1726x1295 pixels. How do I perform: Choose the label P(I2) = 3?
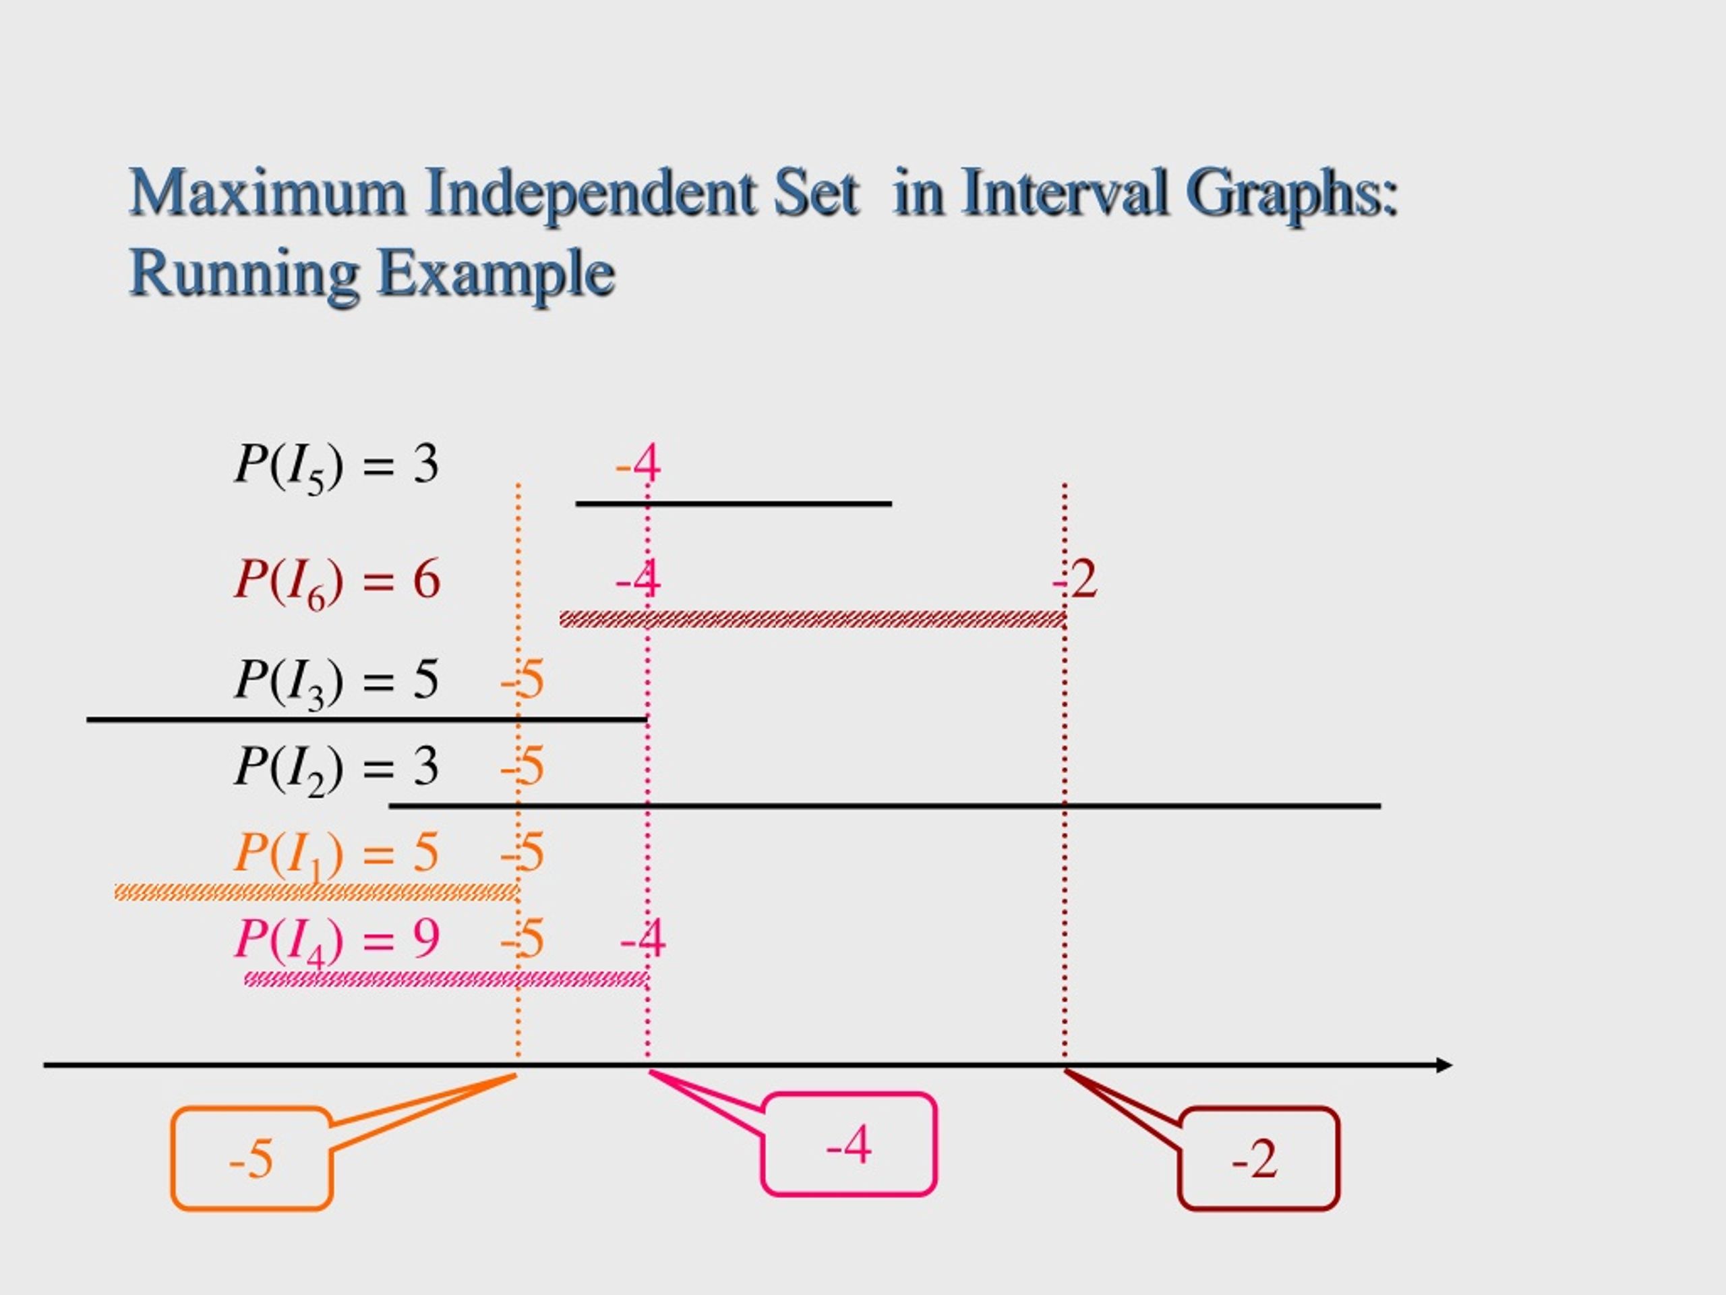tap(336, 769)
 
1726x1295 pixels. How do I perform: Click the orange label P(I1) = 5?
tap(336, 855)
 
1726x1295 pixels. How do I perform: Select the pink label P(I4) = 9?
tap(337, 941)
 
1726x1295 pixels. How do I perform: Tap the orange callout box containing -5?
tap(252, 1158)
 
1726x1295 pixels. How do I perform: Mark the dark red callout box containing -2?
tap(1258, 1158)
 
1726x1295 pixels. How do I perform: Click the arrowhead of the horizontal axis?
tap(1444, 1066)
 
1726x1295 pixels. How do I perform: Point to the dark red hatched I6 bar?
tap(812, 620)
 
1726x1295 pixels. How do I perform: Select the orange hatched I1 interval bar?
tap(316, 892)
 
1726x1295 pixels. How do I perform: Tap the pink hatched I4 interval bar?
tap(446, 979)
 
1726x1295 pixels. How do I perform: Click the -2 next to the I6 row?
tap(1075, 579)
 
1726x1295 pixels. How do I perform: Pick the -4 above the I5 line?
tap(638, 463)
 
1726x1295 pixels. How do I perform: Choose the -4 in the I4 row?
tap(643, 938)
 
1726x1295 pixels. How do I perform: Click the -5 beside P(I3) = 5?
tap(522, 680)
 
